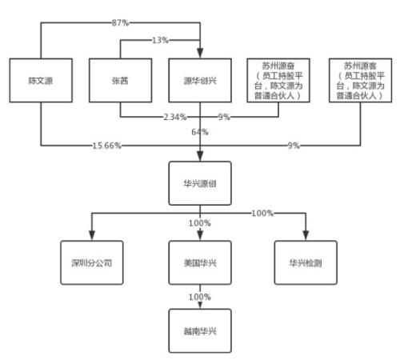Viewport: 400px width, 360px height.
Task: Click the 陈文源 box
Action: pyautogui.click(x=42, y=82)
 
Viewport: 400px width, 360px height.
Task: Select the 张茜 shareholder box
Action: pyautogui.click(x=121, y=82)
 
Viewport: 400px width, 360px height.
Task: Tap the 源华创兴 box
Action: pyautogui.click(x=200, y=82)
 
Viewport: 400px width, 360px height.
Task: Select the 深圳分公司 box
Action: pyautogui.click(x=94, y=262)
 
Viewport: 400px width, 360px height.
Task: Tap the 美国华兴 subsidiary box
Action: pyautogui.click(x=200, y=262)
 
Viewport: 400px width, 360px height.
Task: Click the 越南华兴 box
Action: pyautogui.click(x=200, y=330)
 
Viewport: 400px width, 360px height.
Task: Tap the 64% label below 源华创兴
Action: pyautogui.click(x=200, y=130)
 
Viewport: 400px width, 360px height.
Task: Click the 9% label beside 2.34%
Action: pyautogui.click(x=224, y=117)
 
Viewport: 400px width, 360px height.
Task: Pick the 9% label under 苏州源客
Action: pyautogui.click(x=295, y=146)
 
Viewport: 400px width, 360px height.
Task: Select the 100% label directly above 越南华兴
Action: pyautogui.click(x=200, y=297)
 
